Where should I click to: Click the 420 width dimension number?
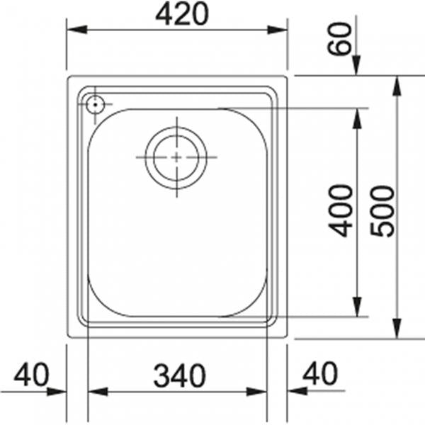(182, 15)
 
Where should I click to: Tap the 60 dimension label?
(339, 39)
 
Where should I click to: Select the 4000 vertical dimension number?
(341, 211)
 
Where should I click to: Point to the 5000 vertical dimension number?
(382, 211)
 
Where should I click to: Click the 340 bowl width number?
(180, 376)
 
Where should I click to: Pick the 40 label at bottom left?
(31, 375)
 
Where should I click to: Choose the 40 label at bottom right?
(320, 373)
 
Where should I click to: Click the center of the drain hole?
(176, 157)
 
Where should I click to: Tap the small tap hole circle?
(95, 104)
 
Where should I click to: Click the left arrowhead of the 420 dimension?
(77, 30)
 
